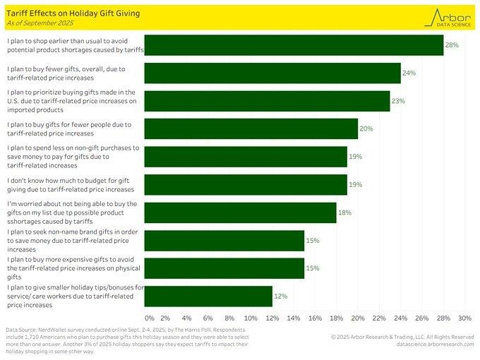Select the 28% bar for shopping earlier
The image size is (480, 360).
294,45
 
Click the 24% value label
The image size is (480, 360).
409,73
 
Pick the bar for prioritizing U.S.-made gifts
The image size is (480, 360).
267,100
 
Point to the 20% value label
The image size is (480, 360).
366,128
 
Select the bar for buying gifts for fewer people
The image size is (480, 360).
251,128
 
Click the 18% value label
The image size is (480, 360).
344,212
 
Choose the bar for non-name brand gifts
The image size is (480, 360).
224,240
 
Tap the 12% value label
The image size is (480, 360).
280,296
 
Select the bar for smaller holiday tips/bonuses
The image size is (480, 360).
208,296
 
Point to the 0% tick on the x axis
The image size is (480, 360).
150,318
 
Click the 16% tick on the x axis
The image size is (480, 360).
316,318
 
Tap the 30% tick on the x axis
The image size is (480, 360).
464,318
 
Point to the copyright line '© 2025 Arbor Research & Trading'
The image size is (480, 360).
402,337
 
